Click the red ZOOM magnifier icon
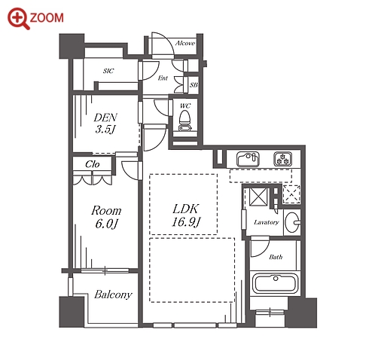(x=19, y=19)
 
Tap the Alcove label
(x=185, y=43)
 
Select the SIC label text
(x=108, y=71)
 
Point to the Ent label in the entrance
(x=163, y=78)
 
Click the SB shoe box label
(x=194, y=85)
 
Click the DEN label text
(x=105, y=117)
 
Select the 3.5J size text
(x=105, y=130)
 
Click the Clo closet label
(x=93, y=164)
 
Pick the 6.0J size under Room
(x=106, y=224)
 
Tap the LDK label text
(x=186, y=209)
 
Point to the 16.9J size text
(x=186, y=221)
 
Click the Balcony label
(x=113, y=294)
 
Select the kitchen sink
(x=248, y=159)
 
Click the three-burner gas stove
(x=282, y=159)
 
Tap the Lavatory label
(x=267, y=222)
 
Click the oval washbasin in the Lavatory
(x=293, y=222)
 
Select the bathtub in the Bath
(x=276, y=283)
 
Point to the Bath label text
(x=276, y=257)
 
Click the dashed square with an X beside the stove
(x=291, y=194)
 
